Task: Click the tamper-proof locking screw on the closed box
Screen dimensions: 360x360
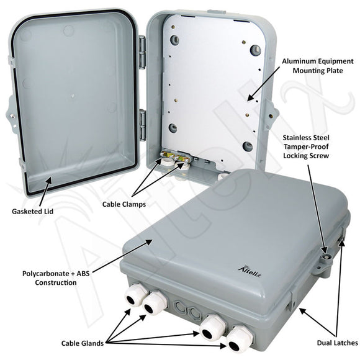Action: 324,254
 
